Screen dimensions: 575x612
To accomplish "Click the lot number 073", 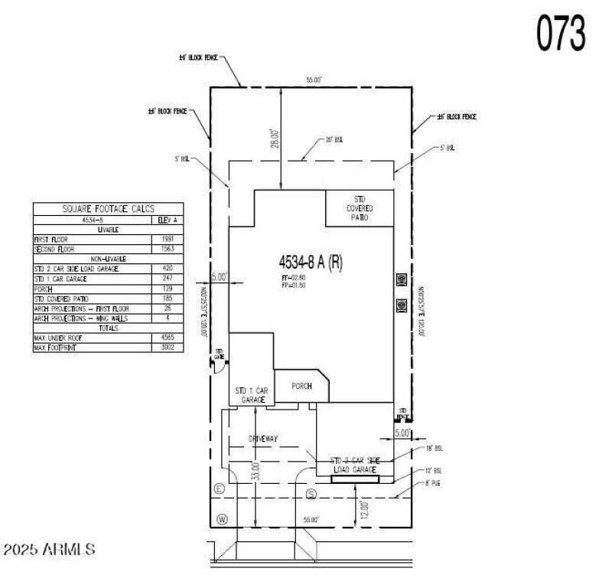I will click(561, 33).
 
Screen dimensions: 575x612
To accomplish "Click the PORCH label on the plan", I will click(301, 386).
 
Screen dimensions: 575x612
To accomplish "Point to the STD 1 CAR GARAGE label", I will click(251, 394).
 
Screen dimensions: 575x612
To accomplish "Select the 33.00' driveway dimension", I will click(257, 471).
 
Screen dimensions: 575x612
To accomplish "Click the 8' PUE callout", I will click(433, 483).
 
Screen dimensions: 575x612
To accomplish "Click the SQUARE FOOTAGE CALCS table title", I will click(108, 208).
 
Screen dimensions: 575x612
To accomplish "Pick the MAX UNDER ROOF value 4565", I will click(168, 337).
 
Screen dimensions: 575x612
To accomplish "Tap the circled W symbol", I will click(222, 519).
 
